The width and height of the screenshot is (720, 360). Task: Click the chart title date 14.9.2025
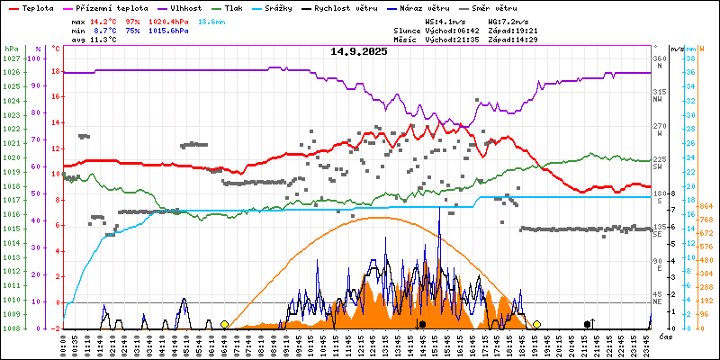tap(358, 51)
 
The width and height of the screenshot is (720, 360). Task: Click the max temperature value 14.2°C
tap(103, 20)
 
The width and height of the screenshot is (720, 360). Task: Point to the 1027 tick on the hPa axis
tap(11, 58)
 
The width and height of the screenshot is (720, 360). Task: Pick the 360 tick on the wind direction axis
tap(659, 58)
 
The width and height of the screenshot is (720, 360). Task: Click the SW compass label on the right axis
tap(658, 166)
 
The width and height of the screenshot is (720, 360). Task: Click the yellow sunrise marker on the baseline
tap(224, 324)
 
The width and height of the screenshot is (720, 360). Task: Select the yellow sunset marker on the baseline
tap(536, 324)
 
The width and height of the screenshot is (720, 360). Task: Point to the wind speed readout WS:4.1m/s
tap(445, 20)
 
